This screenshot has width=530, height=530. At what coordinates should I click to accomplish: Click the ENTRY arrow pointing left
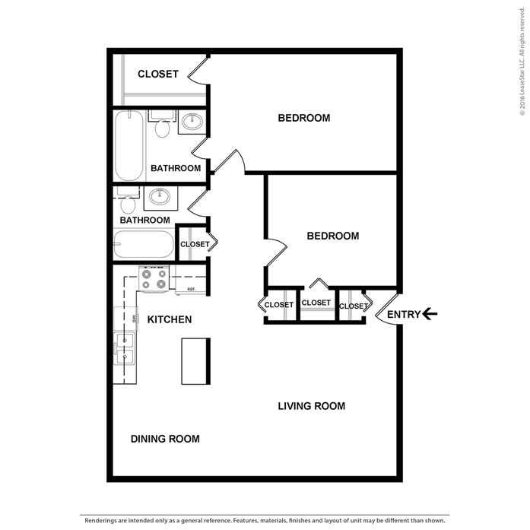(x=430, y=314)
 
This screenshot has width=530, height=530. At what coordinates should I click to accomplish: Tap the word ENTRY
(x=404, y=315)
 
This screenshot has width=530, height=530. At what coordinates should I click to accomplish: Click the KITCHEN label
(x=170, y=319)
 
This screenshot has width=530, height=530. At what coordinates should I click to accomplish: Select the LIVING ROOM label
(x=311, y=406)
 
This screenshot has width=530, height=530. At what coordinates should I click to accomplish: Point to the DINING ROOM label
(x=165, y=439)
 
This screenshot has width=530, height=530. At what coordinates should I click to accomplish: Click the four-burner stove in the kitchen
(x=154, y=279)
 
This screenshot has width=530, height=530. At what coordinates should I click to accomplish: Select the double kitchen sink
(x=125, y=348)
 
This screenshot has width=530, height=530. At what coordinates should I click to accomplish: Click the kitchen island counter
(x=195, y=361)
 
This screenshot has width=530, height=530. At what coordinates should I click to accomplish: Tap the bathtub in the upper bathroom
(x=129, y=146)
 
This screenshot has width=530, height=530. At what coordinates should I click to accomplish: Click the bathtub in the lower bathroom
(x=143, y=244)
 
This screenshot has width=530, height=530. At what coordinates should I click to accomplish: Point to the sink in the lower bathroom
(x=160, y=196)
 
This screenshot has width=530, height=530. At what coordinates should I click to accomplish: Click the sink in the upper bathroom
(x=192, y=121)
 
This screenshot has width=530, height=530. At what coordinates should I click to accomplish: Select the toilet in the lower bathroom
(x=128, y=200)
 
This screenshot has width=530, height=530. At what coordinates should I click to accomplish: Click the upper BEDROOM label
(x=304, y=118)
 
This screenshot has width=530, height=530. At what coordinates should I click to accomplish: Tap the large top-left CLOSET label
(x=158, y=74)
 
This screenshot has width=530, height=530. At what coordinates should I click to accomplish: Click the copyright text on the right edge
(x=522, y=62)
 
